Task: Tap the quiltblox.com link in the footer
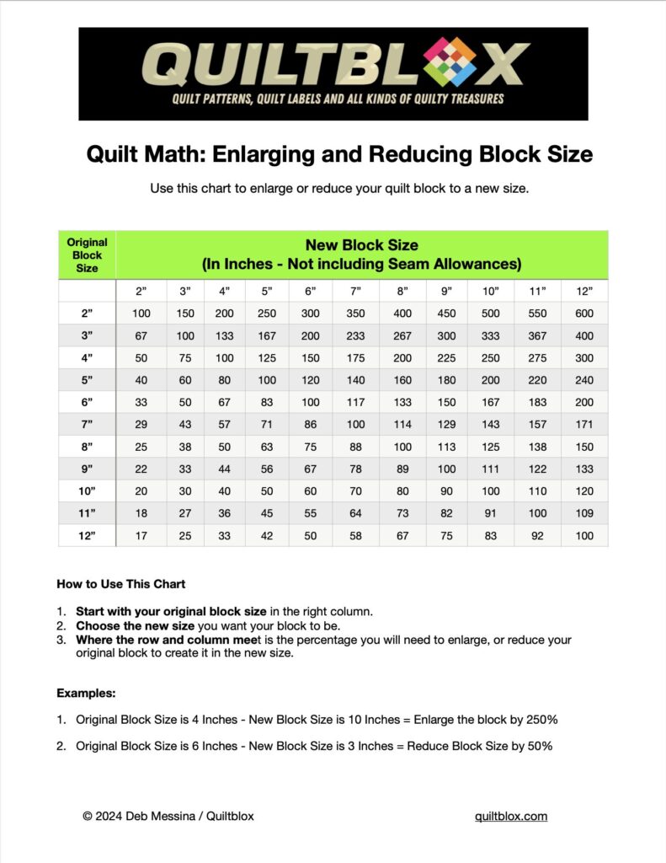click(x=511, y=816)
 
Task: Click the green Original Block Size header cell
click(x=87, y=255)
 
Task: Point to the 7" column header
click(x=355, y=291)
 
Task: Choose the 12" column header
click(x=584, y=291)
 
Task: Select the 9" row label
click(x=87, y=469)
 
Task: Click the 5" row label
click(x=87, y=380)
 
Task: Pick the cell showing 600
click(x=584, y=314)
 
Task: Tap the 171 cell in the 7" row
click(x=584, y=425)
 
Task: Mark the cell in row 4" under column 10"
click(x=491, y=358)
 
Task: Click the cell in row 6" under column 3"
click(x=185, y=403)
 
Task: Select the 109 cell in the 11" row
click(x=584, y=513)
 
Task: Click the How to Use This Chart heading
click(x=121, y=584)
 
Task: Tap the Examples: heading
click(x=86, y=694)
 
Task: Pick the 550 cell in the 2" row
click(x=537, y=314)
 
